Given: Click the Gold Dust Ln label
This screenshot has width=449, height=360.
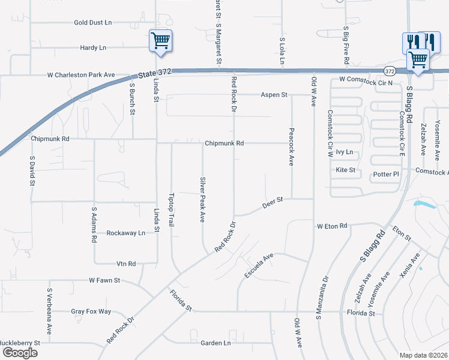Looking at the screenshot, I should click(x=93, y=23).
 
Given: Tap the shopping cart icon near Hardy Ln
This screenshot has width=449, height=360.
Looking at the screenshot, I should click(x=160, y=41).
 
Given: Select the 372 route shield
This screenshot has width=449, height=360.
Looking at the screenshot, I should click(x=390, y=70).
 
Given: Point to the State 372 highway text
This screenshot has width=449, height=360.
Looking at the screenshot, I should click(x=155, y=73).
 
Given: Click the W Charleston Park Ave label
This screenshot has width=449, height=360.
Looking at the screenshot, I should click(x=81, y=76).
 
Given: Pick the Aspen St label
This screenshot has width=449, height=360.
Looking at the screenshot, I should click(x=274, y=95).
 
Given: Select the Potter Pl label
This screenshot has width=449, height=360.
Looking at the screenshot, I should click(x=387, y=174).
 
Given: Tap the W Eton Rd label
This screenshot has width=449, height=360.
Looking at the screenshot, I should click(x=332, y=226).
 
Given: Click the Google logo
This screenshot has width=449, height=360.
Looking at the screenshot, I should click(x=20, y=353).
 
